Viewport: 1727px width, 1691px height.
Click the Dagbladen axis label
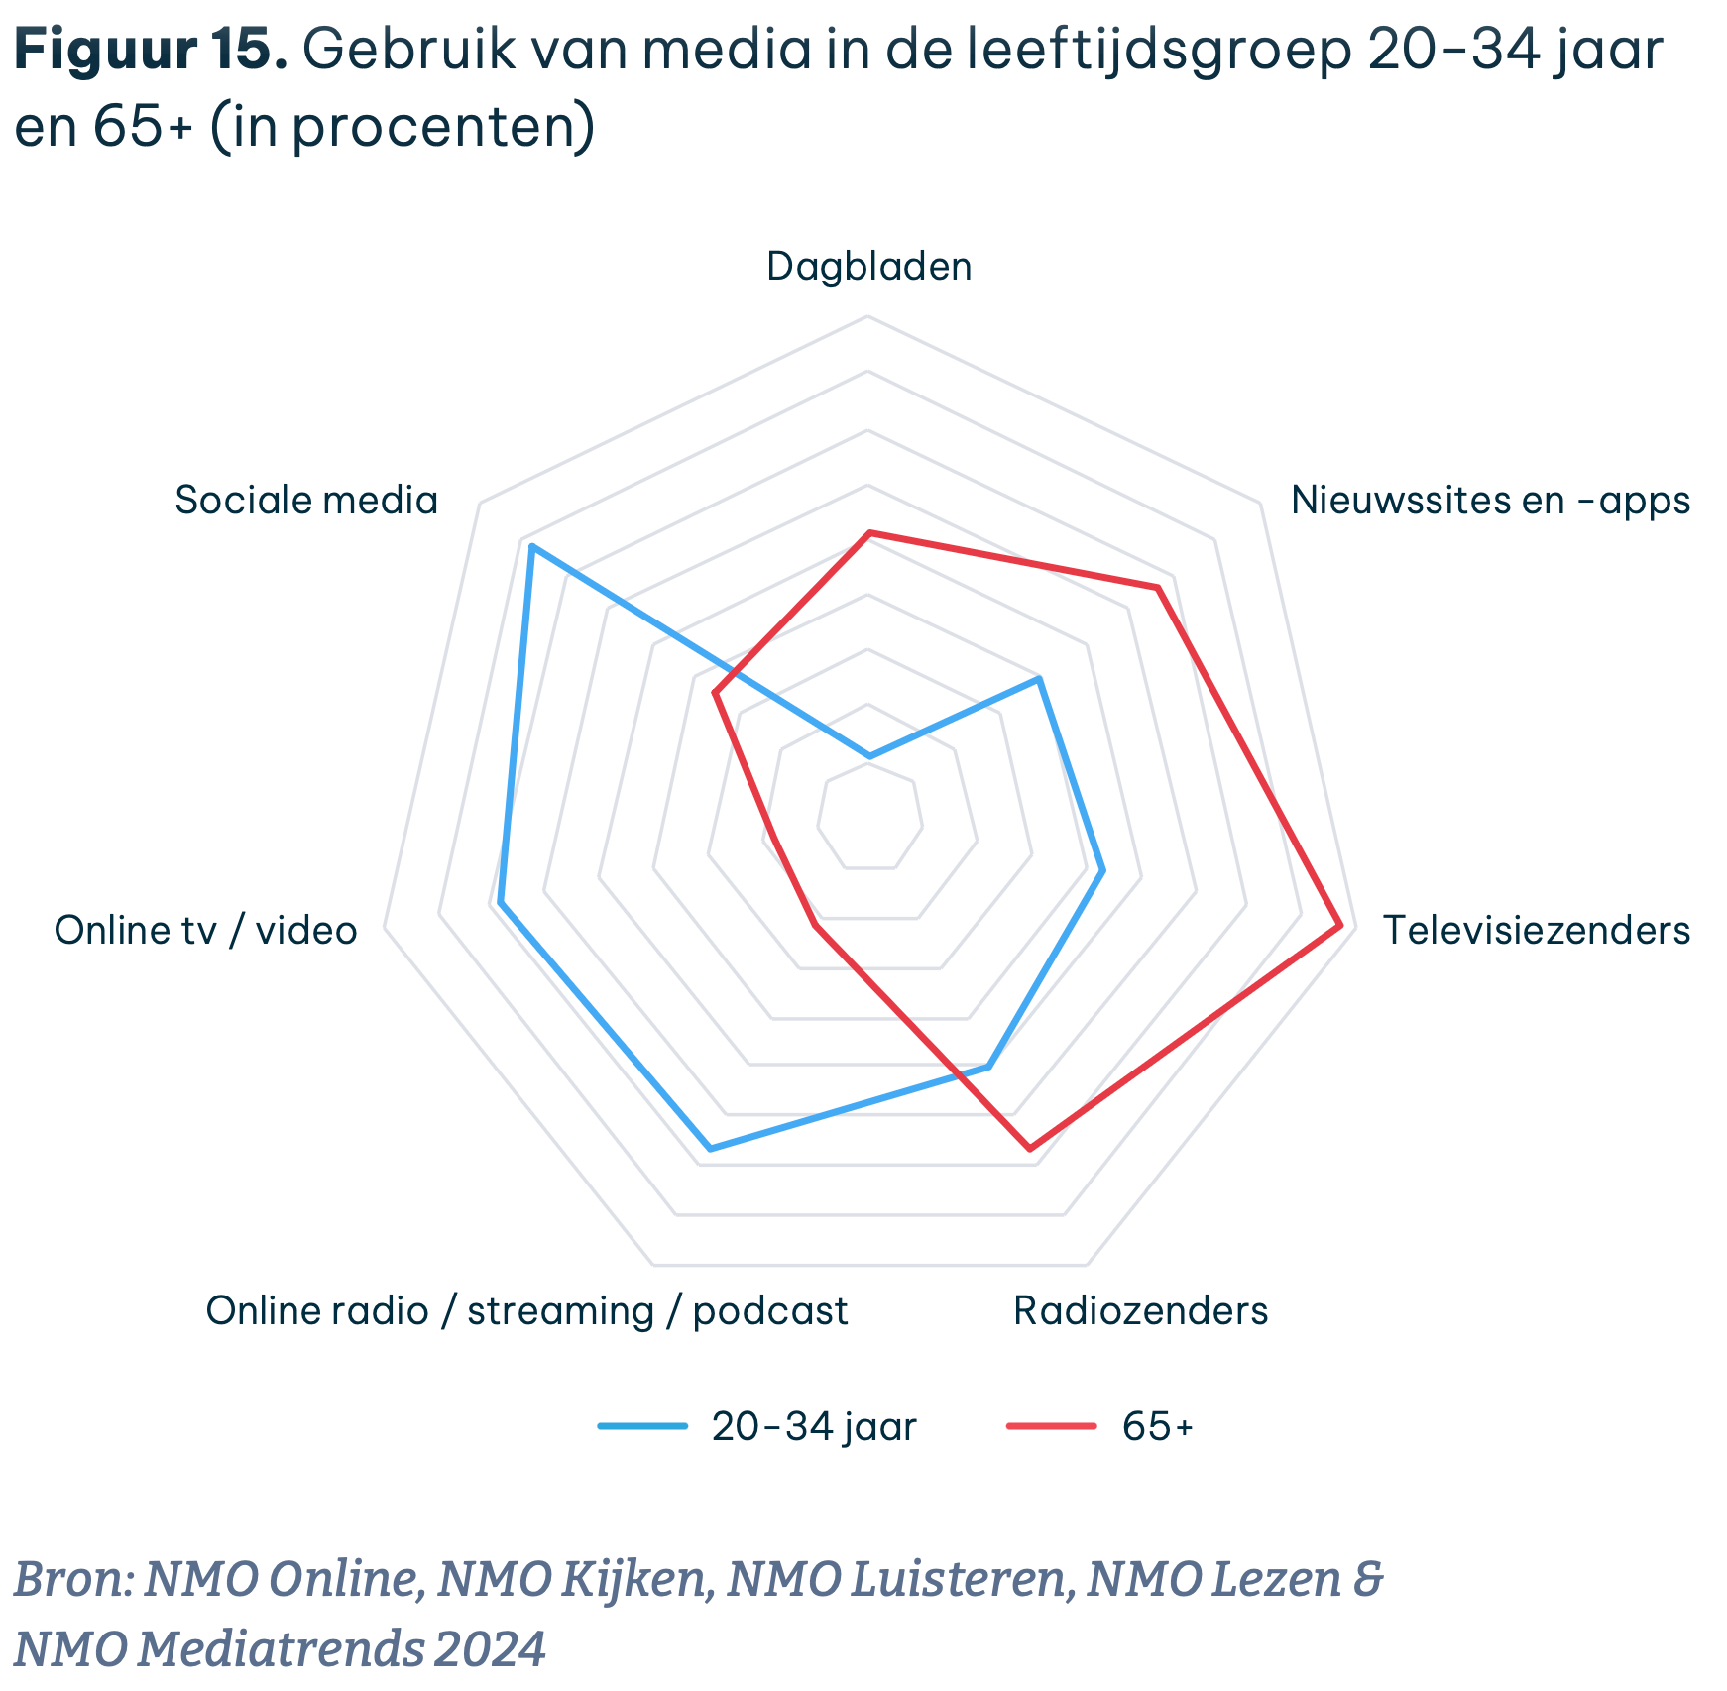click(868, 267)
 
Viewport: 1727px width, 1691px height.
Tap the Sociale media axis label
click(306, 500)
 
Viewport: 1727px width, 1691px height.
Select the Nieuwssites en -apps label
click(1490, 500)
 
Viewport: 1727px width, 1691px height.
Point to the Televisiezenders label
click(1536, 930)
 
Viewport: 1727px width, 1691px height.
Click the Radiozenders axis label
click(1140, 1310)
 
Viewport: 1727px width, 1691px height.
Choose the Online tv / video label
click(205, 930)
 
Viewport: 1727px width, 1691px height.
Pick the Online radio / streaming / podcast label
click(526, 1310)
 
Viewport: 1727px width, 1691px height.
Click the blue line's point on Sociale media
click(530, 546)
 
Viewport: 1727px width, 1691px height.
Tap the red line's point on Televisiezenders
click(1340, 926)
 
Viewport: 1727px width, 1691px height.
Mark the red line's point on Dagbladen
click(869, 533)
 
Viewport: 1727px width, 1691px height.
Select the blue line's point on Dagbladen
click(869, 756)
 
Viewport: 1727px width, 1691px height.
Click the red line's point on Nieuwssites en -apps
click(1157, 588)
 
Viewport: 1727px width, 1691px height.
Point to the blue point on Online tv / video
click(501, 903)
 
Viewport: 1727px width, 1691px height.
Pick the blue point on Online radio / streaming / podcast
click(710, 1149)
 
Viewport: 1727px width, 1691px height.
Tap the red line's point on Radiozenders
click(1029, 1149)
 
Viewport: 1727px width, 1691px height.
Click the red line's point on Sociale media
click(715, 693)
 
